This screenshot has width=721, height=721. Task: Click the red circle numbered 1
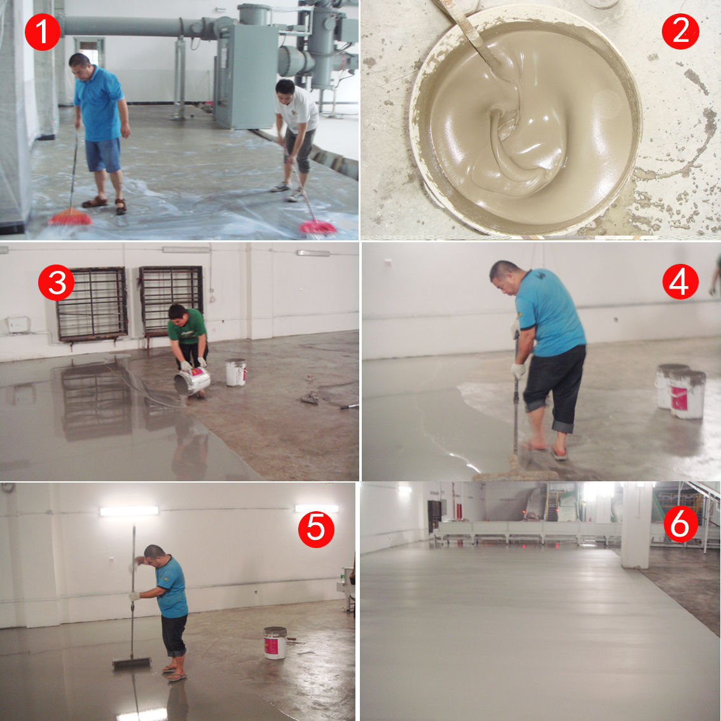click(x=43, y=32)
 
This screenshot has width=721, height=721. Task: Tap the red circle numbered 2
click(x=680, y=31)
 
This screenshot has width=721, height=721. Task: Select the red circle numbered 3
click(x=56, y=282)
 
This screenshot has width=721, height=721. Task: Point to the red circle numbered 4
click(x=680, y=282)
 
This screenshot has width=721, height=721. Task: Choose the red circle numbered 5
click(x=316, y=529)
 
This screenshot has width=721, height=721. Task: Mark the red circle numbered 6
click(x=680, y=524)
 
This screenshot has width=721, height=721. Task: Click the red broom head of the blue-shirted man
click(x=71, y=217)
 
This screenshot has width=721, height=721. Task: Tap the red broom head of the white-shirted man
click(x=317, y=227)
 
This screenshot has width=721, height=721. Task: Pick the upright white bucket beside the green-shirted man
click(x=236, y=373)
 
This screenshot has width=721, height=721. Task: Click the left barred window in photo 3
click(x=92, y=304)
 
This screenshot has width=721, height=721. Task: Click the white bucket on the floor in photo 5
click(x=275, y=643)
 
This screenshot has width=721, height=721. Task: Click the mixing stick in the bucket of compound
click(x=469, y=30)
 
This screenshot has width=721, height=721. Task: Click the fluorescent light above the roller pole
click(x=129, y=511)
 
